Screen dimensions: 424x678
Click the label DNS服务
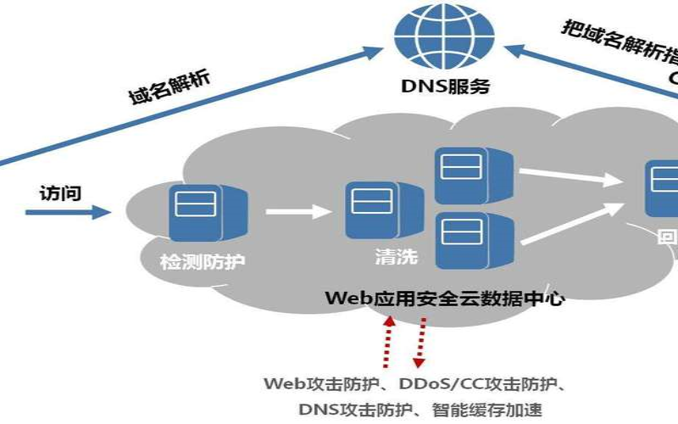tap(446, 86)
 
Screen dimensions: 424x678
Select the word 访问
tap(60, 192)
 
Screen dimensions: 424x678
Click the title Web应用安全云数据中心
tap(445, 298)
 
